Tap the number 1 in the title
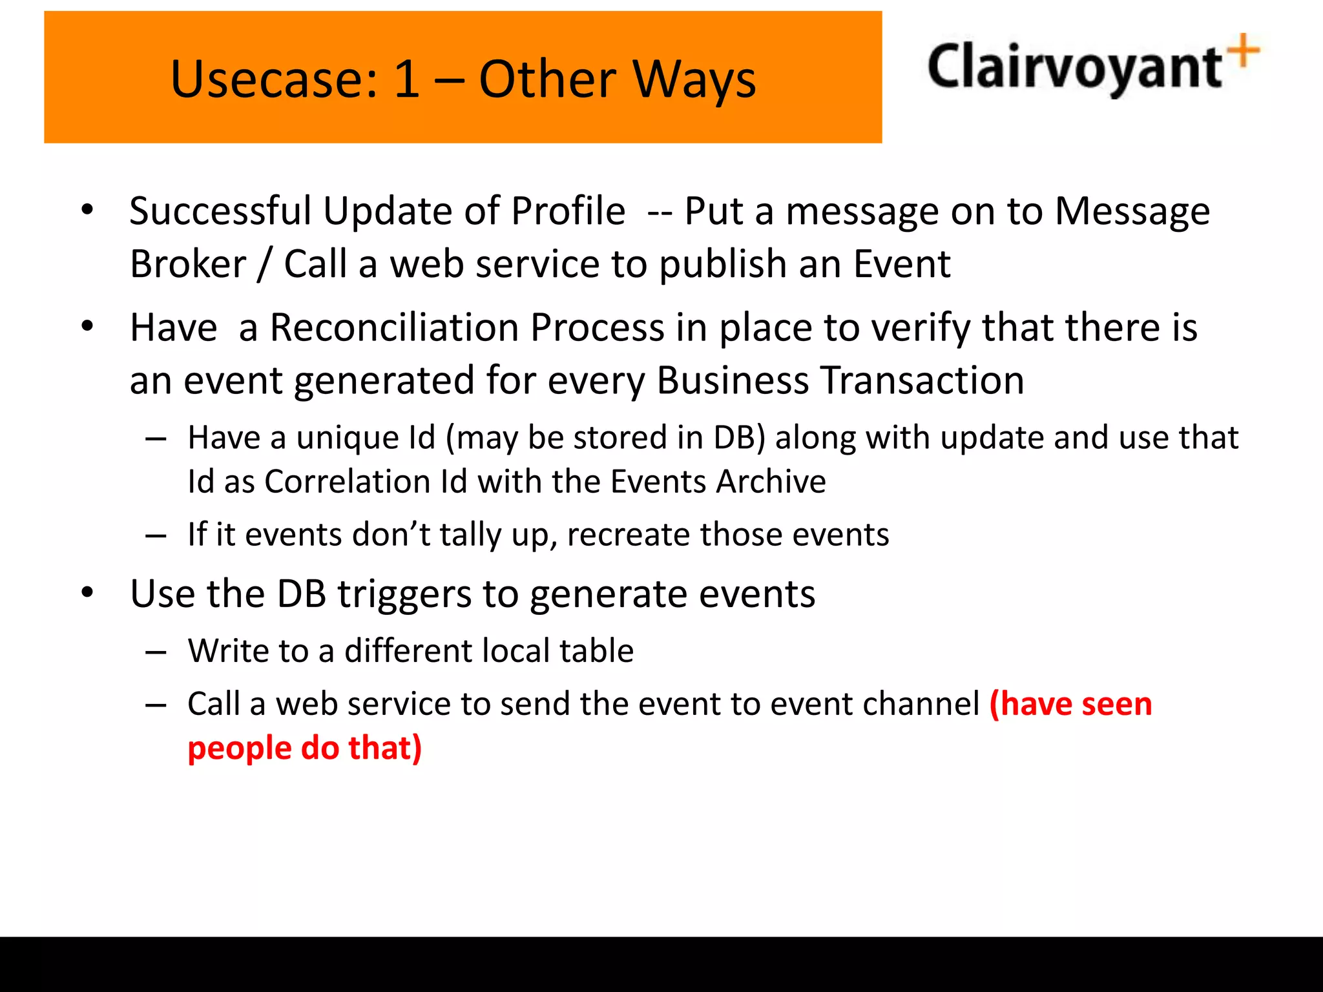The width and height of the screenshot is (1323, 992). (407, 80)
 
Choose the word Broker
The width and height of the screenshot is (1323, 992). (188, 264)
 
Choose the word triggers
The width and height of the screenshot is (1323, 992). (404, 594)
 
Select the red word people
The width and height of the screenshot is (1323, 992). (239, 749)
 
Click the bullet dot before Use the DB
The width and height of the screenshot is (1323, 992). (88, 592)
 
